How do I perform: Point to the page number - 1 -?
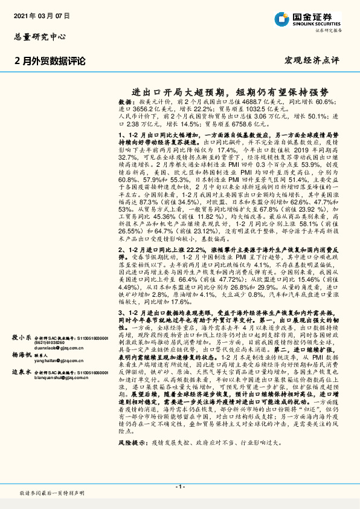tap(180, 487)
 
